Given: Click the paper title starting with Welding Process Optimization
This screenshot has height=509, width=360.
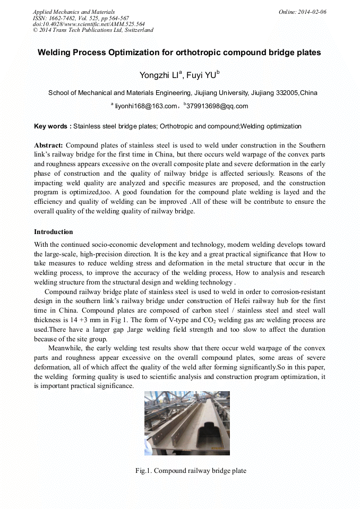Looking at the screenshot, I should point(179,53).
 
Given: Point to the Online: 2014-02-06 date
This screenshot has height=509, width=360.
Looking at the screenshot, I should point(303,12).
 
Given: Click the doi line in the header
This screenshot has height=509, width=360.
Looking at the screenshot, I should point(89,24).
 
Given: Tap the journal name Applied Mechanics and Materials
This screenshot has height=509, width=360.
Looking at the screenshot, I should point(73,12).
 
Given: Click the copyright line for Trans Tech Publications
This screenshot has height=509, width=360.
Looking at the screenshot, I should point(93,30).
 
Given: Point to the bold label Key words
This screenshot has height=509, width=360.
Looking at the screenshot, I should point(53,126).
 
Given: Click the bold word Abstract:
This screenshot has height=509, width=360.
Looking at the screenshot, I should point(48,145).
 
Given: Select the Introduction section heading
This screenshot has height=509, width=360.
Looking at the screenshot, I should point(53,232).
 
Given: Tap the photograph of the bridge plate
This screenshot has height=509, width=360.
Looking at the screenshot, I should point(187,423).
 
